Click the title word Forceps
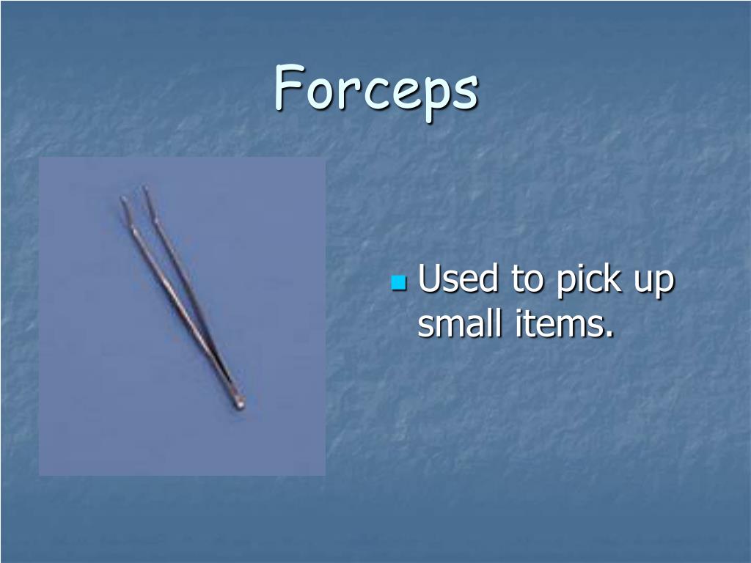[376, 89]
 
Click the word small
[453, 323]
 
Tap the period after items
[610, 334]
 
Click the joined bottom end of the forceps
[238, 401]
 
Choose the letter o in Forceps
[319, 93]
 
